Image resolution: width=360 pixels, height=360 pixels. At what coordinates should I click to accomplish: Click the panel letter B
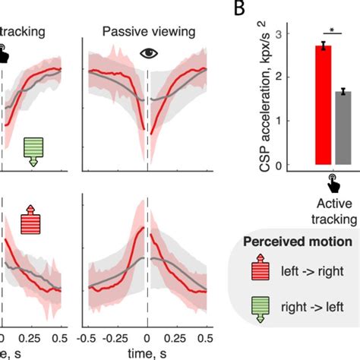(242, 10)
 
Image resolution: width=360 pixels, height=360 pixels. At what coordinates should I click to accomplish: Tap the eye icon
(147, 54)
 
